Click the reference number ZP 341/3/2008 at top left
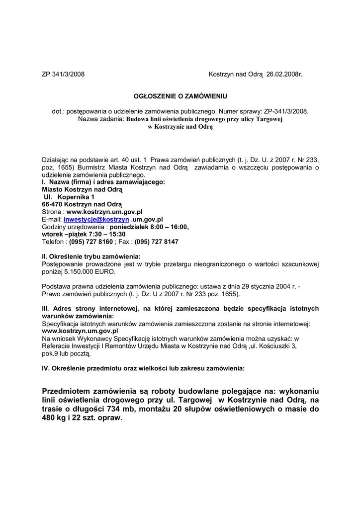tap(63, 75)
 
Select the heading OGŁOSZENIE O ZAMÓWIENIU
tap(180, 96)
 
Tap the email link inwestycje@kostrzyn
tap(96, 219)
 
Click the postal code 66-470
tap(53, 204)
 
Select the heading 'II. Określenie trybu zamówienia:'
tap(91, 256)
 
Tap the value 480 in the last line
tap(51, 418)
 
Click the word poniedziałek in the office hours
tap(131, 227)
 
